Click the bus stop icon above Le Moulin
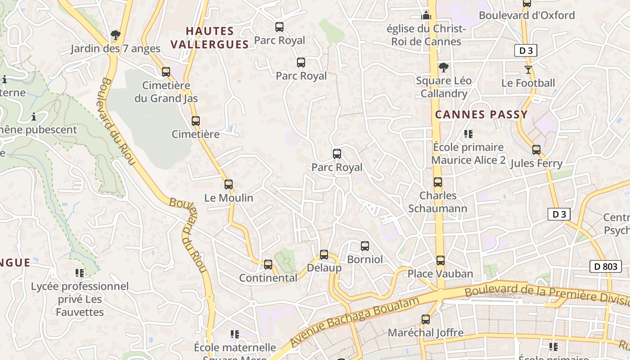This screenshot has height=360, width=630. pos(229,184)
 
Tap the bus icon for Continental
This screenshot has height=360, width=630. pos(268,265)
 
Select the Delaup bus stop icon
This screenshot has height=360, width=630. pos(324,255)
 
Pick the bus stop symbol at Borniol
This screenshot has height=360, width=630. pos(365,246)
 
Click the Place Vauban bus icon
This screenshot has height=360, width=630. pos(441,261)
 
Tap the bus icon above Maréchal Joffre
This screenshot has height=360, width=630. pos(426,319)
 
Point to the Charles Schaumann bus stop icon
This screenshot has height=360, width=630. pos(438,182)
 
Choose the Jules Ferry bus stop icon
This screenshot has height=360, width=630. pos(536,150)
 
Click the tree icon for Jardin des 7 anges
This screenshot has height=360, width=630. pos(116,35)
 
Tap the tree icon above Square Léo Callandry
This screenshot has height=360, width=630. pos(444,67)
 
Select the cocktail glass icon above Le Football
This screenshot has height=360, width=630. pos(528,70)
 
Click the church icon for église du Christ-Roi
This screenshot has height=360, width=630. pos(426,16)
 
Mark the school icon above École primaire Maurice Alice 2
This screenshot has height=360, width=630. pos(468,134)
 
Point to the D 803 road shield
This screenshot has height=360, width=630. pos(606,266)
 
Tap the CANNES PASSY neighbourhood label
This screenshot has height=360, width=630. pos(481,115)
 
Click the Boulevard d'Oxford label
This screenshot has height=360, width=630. pos(526,15)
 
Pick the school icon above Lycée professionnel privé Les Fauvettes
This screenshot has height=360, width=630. pos(80,273)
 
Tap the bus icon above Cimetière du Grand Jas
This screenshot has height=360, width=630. pos(166,72)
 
